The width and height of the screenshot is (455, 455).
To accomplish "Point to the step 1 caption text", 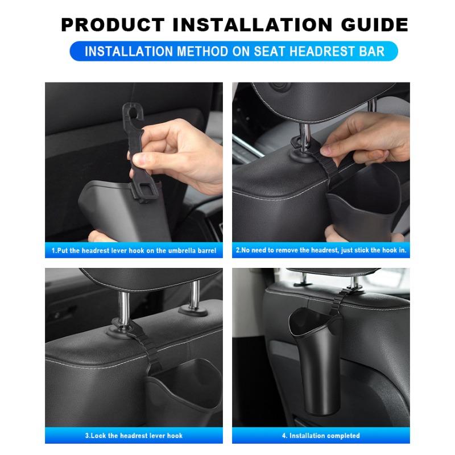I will coord(134,250).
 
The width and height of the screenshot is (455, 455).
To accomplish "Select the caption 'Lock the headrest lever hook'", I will coord(134,436).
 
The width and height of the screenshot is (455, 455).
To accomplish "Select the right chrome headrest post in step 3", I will coord(193,296).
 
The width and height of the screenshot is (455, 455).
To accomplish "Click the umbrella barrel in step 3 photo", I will coord(182,392).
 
